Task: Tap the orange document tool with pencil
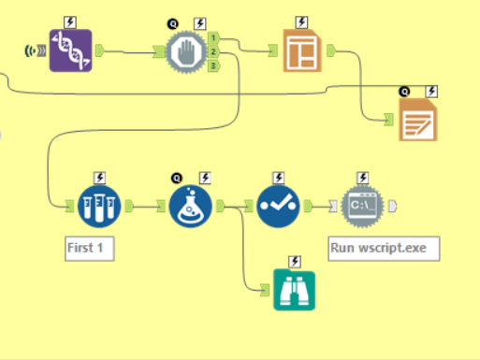coord(420,121)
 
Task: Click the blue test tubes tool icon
coord(98,206)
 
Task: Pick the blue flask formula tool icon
coord(193,206)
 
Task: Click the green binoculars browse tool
coord(295,289)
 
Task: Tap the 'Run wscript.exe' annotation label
coord(384,249)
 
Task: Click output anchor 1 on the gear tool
coord(214,38)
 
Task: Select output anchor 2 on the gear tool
coord(214,51)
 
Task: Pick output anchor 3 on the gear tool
coord(214,65)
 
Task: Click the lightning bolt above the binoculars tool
coord(295,262)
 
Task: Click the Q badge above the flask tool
coord(177,178)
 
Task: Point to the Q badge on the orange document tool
coord(404,92)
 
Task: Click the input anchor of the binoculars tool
coord(266,290)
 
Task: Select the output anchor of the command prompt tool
coord(393,206)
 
